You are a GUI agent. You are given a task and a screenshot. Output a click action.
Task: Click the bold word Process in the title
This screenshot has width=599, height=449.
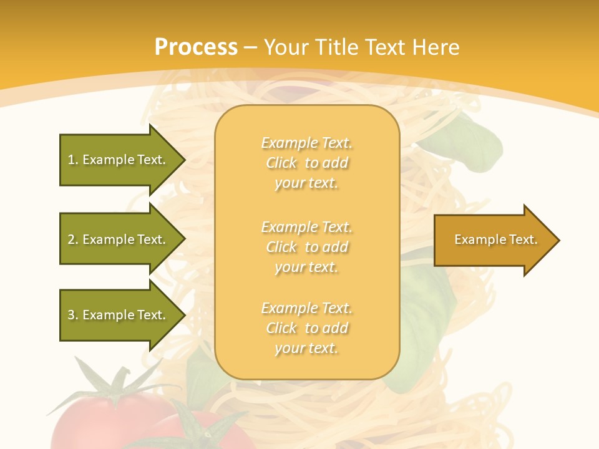(196, 47)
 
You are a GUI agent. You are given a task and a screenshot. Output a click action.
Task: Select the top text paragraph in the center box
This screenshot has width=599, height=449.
(306, 163)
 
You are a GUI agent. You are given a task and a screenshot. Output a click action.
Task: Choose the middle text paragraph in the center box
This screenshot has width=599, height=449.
(306, 247)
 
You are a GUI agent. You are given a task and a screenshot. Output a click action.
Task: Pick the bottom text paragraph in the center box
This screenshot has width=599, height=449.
(306, 328)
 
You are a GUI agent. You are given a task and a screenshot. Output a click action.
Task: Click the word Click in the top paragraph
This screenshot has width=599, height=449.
(282, 163)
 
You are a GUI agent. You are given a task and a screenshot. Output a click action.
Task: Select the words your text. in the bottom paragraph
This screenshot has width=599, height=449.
(306, 349)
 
